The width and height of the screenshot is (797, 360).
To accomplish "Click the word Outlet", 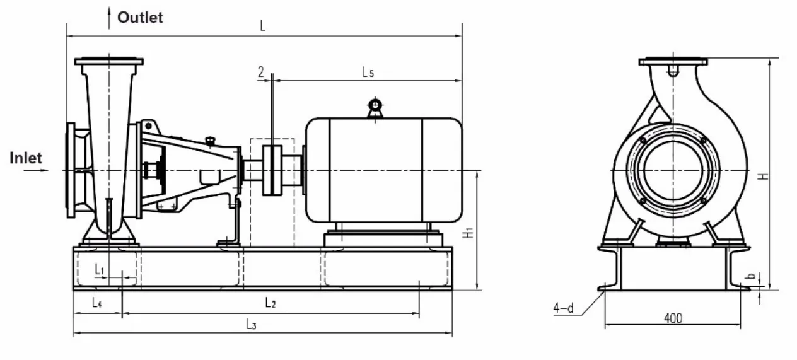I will pos(139,18).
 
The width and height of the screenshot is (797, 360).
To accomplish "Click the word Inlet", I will pos(25,158).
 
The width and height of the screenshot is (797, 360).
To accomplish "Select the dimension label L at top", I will pos(263,26).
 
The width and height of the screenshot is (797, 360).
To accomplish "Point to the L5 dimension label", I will pos(368,73).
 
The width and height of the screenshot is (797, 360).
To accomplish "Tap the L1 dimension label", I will pos(99,269).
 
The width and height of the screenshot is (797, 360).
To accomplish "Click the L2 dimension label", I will pos(270,304).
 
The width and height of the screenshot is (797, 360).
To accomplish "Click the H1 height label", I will pos(467,233).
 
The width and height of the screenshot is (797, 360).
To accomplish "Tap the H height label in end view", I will pos(764,175).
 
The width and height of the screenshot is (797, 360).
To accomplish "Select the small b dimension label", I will pos(751,276).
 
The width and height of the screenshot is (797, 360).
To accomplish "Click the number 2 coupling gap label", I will pos(260,72).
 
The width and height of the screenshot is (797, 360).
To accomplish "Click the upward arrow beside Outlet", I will pos(109,15).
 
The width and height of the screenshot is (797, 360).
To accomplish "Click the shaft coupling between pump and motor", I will pos(272,171).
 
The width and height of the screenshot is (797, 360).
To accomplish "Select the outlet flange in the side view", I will pos(108,62).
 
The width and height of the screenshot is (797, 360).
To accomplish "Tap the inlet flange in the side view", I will pos(71,170).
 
